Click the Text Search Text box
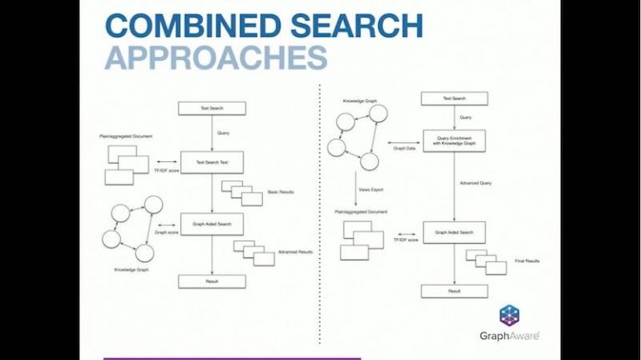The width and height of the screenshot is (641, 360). (211, 162)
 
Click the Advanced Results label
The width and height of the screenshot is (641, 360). (295, 251)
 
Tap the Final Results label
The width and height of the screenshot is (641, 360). (527, 261)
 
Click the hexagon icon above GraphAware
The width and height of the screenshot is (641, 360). (509, 316)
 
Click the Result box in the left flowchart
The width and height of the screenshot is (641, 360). (211, 281)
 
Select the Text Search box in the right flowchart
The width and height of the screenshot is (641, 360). (453, 99)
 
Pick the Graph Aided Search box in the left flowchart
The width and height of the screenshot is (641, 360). (211, 223)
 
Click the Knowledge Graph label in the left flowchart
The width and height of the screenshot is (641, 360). (131, 269)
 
